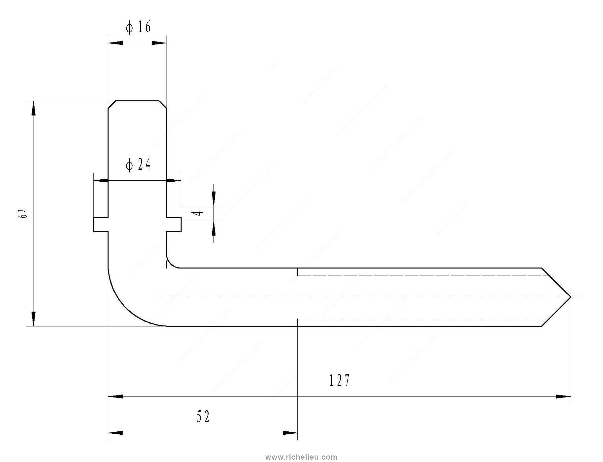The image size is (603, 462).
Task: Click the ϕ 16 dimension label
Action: coord(138,27)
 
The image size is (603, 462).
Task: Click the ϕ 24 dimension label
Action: coord(138,165)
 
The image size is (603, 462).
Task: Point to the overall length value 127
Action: coord(339,380)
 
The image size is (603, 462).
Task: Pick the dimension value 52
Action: coord(203,417)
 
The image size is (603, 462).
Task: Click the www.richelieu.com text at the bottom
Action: coord(301,457)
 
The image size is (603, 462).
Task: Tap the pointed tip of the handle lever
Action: coord(570,297)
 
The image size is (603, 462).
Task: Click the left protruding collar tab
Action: coord(101,224)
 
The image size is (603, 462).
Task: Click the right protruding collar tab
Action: coord(174,224)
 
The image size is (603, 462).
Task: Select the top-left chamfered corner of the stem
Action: coord(112,104)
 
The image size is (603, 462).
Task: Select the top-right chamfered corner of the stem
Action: coord(163,104)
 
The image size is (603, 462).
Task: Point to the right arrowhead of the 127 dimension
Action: coord(563,397)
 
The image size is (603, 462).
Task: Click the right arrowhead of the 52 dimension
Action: coord(290,433)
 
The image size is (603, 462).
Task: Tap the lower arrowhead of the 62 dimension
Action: coord(34,319)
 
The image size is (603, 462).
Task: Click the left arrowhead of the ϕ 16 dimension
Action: coord(115,43)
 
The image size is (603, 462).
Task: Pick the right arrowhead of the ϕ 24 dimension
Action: coord(173,180)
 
